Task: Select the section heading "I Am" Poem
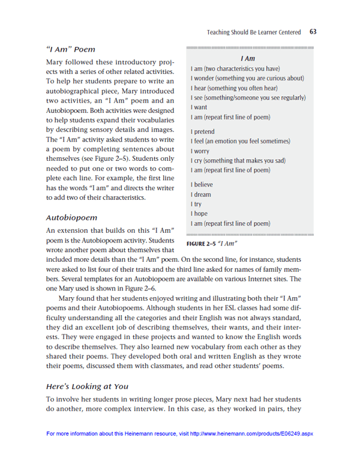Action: (70, 49)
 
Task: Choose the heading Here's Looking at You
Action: (87, 385)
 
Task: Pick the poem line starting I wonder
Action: (247, 79)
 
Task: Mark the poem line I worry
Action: (200, 151)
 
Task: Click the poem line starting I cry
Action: (238, 160)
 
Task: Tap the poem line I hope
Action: (199, 214)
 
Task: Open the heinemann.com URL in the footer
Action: (251, 433)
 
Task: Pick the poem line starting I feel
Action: (239, 141)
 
